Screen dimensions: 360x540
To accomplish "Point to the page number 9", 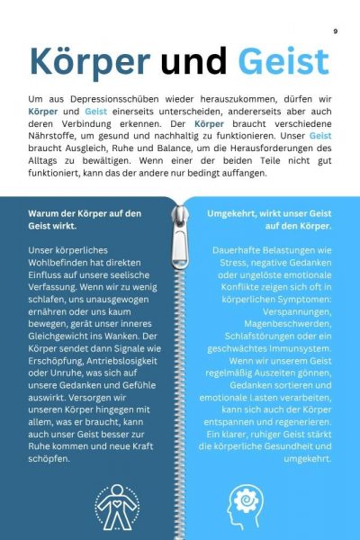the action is tap(335, 31).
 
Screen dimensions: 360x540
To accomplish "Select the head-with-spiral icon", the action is tap(246, 500).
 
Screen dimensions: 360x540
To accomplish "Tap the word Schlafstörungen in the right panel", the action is tap(252, 321).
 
